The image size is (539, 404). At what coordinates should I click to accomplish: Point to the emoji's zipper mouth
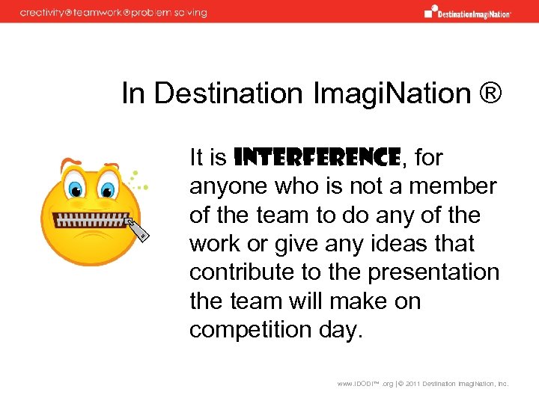pyautogui.click(x=91, y=220)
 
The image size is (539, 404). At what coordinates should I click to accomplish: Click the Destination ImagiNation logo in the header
pyautogui.click(x=467, y=12)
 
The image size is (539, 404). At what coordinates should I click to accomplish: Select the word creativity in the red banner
pyautogui.click(x=41, y=13)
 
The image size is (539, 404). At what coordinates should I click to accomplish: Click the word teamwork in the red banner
pyautogui.click(x=102, y=13)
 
